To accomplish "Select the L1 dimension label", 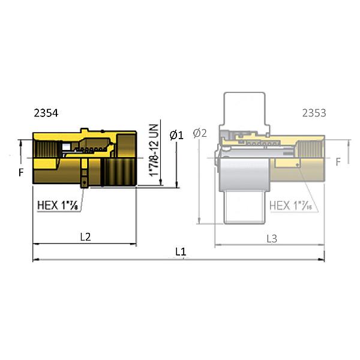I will (181, 252).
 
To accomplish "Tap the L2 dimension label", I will (85, 236).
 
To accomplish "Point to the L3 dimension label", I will (272, 238).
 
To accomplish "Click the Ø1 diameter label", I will (176, 136).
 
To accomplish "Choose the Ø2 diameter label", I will (200, 133).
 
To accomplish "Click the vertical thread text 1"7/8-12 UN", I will (154, 150).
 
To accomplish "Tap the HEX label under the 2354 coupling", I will (58, 204).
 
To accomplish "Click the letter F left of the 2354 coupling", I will (20, 173).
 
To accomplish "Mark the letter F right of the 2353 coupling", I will (338, 161).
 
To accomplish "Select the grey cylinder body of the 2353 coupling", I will (241, 174).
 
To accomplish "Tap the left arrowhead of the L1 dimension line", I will (35, 260).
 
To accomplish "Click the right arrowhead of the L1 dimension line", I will (322, 260).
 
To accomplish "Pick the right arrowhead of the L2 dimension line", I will (134, 244).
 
